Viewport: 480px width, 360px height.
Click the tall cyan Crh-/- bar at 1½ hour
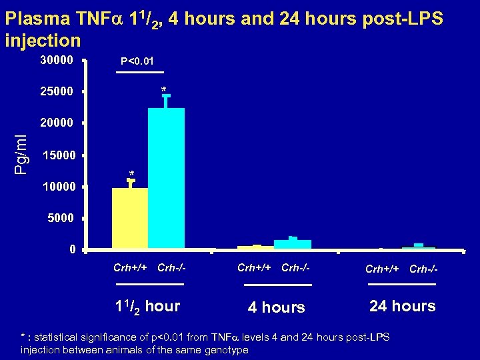click(166, 178)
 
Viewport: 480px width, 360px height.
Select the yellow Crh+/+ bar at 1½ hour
click(130, 219)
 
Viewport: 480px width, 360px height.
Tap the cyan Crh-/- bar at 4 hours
click(293, 244)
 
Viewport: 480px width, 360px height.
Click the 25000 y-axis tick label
click(57, 91)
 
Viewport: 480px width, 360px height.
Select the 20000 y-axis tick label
click(57, 123)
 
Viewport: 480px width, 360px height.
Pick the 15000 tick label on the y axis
click(59, 155)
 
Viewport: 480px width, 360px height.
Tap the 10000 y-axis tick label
click(59, 187)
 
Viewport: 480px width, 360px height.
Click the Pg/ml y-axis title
click(21, 154)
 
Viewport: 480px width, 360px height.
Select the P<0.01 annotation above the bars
click(139, 62)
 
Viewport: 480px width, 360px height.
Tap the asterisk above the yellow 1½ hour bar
click(132, 174)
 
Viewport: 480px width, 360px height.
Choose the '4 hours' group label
click(276, 308)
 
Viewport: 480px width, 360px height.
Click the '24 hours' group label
click(402, 307)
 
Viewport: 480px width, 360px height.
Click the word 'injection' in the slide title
click(43, 41)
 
